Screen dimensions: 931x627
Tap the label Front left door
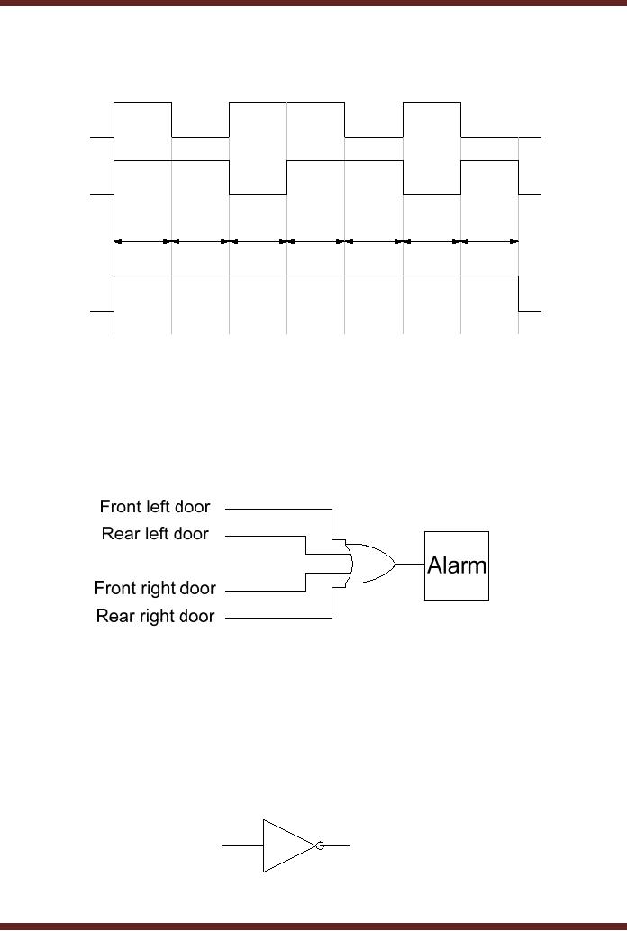point(154,507)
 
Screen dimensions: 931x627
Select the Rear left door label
point(155,534)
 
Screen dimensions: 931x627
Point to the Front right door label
point(155,589)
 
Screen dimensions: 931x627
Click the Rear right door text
point(155,617)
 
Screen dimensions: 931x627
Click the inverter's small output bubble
point(320,845)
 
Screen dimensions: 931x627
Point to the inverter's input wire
point(241,845)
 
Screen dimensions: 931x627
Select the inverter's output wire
point(337,845)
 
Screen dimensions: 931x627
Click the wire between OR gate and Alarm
point(410,565)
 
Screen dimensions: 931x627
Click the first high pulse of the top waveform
point(142,104)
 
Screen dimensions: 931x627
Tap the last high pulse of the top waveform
point(432,104)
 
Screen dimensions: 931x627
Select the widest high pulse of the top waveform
point(286,104)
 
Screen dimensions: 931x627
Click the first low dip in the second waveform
point(258,193)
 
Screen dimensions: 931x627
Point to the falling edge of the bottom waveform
point(518,293)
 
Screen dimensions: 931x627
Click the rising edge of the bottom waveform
point(114,293)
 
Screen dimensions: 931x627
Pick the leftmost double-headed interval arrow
point(142,241)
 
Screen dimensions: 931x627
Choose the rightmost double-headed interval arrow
point(489,241)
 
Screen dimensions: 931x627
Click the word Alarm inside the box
point(457,565)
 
